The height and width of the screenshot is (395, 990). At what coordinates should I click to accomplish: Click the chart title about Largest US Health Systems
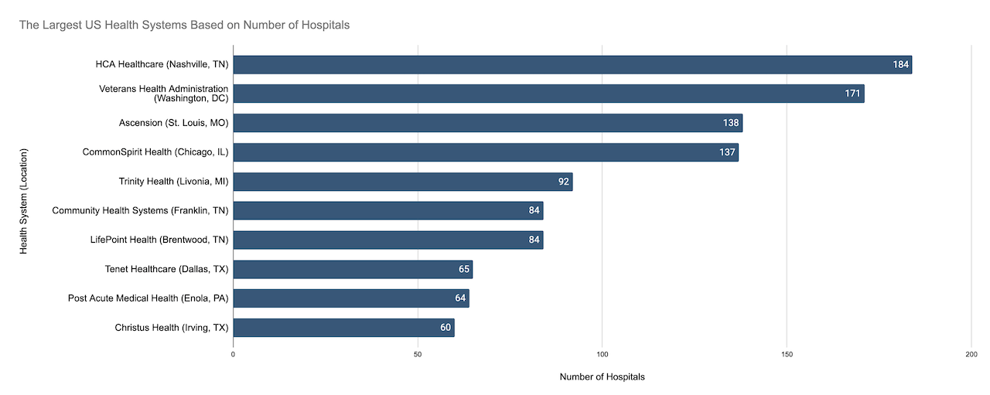184,25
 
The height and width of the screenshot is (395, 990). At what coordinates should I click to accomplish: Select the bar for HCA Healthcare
572,64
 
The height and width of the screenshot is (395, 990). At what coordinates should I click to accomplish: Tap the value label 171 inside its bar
852,94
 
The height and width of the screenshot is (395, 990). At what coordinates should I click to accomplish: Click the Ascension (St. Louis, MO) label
173,123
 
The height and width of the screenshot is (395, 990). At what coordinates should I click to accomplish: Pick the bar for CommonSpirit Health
486,152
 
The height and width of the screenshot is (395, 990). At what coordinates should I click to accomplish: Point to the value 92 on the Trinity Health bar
564,182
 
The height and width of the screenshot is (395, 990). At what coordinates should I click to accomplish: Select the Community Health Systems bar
388,211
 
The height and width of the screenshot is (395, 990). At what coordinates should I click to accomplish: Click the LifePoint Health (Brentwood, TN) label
159,240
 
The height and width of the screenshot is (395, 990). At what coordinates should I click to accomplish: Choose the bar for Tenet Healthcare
353,269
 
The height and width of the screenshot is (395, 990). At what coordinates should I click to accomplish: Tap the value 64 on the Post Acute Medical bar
460,298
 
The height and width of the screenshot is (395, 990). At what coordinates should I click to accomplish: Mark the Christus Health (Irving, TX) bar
343,328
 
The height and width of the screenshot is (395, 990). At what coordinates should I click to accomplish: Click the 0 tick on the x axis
233,354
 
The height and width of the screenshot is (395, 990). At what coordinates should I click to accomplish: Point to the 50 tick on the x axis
418,354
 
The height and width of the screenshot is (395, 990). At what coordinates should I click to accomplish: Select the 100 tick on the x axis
602,354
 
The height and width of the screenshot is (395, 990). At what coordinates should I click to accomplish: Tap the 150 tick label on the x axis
787,354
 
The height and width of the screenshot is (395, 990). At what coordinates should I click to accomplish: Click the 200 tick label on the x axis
971,354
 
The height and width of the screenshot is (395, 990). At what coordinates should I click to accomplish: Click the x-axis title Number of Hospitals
602,377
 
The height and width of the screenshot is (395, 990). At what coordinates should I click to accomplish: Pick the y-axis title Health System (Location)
23,201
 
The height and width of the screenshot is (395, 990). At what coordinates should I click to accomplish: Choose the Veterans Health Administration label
163,94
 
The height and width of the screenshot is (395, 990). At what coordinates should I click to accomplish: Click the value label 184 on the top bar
900,64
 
